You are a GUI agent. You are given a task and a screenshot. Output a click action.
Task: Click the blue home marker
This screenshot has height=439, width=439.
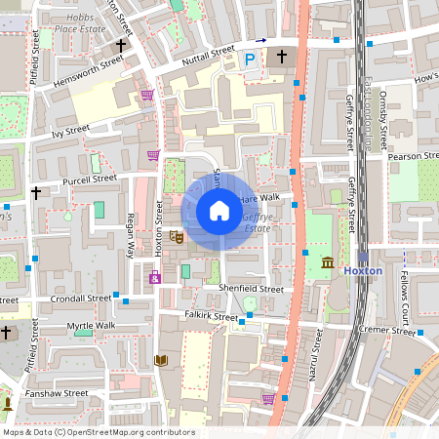coord(219,211)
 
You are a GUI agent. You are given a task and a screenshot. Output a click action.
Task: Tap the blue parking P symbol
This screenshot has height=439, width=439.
coord(250,60)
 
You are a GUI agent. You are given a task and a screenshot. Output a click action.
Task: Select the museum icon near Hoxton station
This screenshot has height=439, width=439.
coord(327,262)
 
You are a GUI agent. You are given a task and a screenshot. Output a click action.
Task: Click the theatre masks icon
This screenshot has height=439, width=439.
coord(177,235)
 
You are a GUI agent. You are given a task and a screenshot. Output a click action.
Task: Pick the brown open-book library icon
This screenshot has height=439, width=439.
coord(160,360)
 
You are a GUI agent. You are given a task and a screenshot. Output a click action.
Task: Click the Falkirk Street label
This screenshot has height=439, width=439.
coord(212,317)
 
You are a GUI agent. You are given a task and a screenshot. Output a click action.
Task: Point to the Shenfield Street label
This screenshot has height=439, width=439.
coord(251,289)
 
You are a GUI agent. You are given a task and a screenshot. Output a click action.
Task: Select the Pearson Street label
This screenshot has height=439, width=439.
coord(414,155)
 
